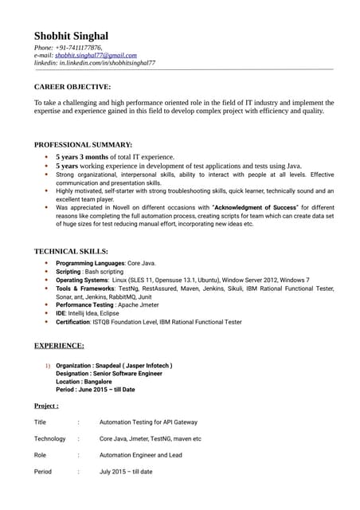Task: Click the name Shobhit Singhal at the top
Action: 71,36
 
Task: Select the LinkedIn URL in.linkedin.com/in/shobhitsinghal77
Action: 108,62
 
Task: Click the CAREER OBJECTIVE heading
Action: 72,86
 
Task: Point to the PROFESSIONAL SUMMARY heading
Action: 83,144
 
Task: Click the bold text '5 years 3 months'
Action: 83,157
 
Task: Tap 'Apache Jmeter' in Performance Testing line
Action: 138,304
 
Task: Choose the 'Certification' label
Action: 74,322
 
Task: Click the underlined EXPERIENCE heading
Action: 58,346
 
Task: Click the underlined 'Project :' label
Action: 46,406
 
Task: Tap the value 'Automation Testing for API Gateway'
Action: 148,422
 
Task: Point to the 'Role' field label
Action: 41,455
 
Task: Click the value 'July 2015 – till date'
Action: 126,472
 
